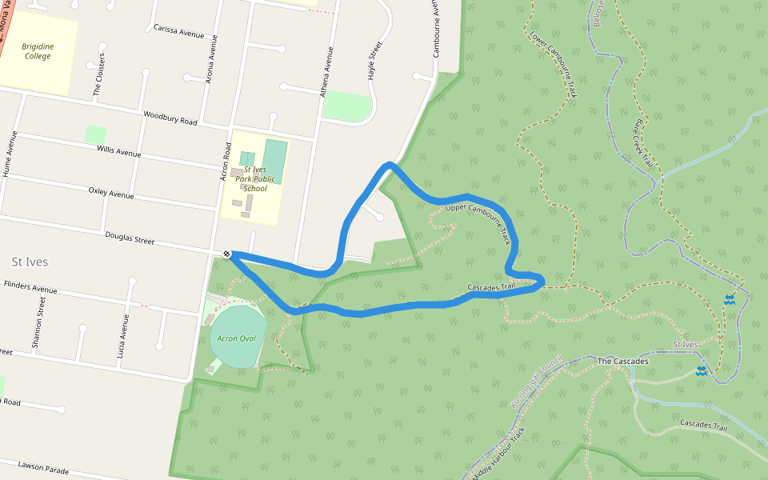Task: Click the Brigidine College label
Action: (x=38, y=51)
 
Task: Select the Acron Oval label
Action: (x=236, y=338)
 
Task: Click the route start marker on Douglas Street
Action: (x=227, y=254)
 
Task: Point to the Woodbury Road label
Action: (x=170, y=118)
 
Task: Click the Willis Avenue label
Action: (x=118, y=150)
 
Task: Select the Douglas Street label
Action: (x=130, y=238)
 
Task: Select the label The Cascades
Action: (x=622, y=362)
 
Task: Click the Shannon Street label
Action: (x=38, y=322)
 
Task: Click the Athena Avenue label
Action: (x=326, y=71)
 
